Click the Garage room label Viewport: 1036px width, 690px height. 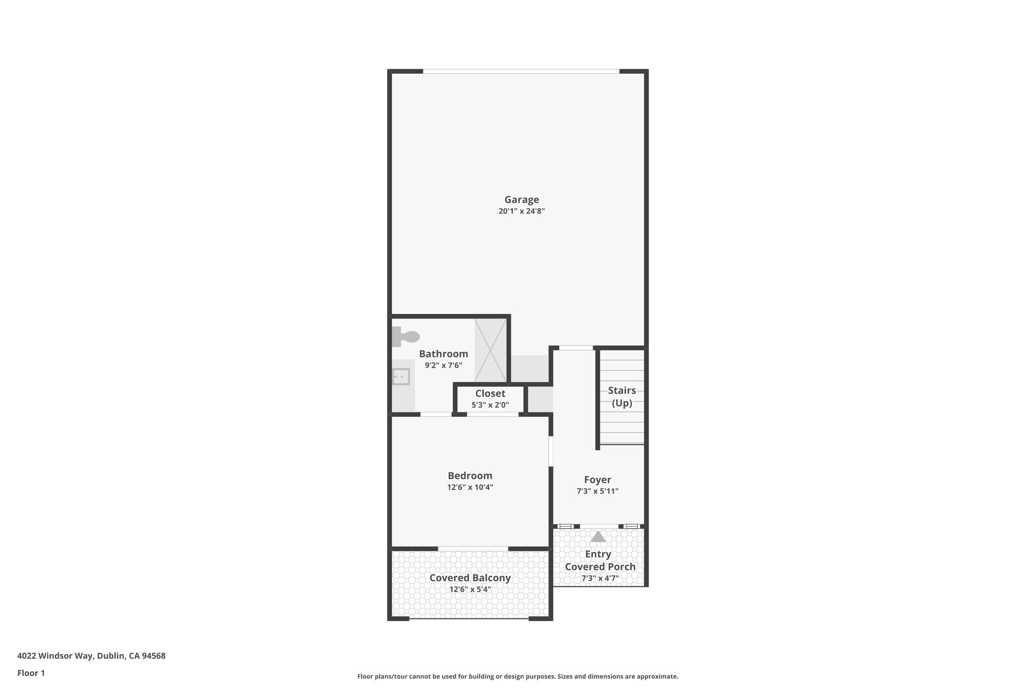pos(521,200)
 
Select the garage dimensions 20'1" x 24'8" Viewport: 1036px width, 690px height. pos(521,211)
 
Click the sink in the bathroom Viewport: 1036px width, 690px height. pos(401,377)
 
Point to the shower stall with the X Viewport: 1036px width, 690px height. pos(490,350)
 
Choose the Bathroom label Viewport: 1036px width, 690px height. pos(443,354)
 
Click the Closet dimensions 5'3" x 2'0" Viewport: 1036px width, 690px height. pos(490,405)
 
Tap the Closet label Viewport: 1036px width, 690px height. pos(490,393)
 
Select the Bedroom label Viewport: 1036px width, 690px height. pos(469,476)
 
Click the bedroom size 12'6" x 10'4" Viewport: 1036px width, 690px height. pos(469,487)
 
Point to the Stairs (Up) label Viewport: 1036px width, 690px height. pos(622,396)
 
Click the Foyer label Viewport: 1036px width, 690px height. pos(597,480)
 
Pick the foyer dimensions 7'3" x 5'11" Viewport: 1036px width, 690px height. pos(597,491)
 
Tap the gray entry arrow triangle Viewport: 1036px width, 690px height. pos(598,536)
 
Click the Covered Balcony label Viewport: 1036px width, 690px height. pos(469,578)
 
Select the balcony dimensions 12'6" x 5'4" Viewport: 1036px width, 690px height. pos(469,589)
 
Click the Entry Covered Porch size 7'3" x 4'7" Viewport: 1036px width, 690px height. pos(599,578)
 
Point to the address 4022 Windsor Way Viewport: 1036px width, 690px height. pos(91,656)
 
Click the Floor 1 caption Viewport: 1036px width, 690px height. pos(31,673)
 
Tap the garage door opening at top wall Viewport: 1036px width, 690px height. pos(521,71)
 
